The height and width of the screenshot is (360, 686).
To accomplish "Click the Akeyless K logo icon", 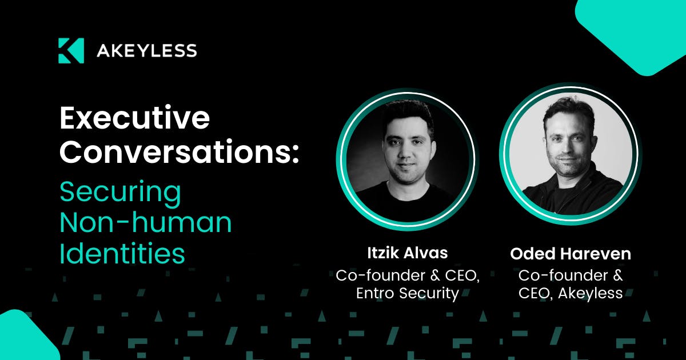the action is click(71, 50).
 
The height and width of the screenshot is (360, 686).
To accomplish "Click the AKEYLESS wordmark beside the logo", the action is click(147, 51).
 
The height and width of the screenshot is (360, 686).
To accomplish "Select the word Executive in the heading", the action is click(135, 118).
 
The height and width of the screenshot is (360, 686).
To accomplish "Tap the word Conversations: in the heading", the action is click(179, 152).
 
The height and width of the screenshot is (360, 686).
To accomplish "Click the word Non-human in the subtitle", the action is click(145, 222).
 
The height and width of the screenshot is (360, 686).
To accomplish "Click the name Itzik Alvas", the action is click(407, 253).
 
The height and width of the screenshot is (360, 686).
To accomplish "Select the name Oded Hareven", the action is click(571, 254).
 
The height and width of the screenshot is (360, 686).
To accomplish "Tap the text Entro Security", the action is click(407, 293).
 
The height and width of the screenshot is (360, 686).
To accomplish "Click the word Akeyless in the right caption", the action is click(590, 293).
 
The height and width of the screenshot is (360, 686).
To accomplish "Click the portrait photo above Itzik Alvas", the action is click(407, 159).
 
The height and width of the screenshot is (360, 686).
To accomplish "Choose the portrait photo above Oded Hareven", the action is click(571, 153).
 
